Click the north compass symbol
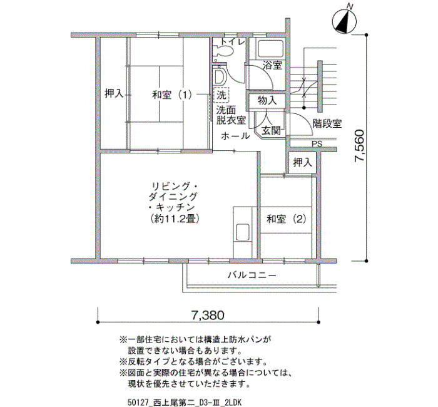pos(344,21)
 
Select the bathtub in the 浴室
pos(270,49)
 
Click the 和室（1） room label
pos(172,95)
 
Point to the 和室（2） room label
pos(287,219)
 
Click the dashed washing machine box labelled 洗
pos(222,95)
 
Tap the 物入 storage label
pos(267,100)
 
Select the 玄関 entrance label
pos(272,130)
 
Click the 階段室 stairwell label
pos(327,123)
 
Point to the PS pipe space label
pos(317,144)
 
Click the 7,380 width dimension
pos(208,315)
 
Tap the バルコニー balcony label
pos(252,276)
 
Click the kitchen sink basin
pos(243,232)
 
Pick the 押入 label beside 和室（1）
pos(114,93)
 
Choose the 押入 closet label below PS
pos(302,162)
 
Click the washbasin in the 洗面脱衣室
pos(219,76)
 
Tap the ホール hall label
pos(235,136)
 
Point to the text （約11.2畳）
pos(175,219)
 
